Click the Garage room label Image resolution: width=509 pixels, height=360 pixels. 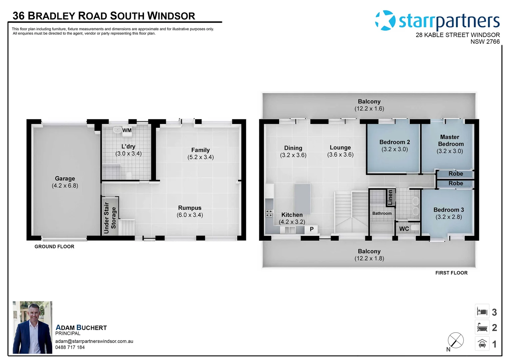[65, 179]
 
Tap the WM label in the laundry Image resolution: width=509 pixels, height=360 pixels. [127, 130]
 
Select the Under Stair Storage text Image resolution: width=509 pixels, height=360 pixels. [110, 218]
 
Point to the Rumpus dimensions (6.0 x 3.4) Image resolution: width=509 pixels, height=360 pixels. [190, 215]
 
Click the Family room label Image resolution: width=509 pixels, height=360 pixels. [200, 150]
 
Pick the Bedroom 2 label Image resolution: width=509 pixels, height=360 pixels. [394, 142]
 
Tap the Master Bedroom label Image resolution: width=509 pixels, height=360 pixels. [450, 140]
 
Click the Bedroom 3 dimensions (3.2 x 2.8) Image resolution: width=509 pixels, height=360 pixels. [448, 217]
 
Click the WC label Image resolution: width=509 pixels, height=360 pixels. [404, 229]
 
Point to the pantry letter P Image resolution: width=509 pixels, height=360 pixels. [311, 229]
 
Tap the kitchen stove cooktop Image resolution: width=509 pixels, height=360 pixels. [269, 213]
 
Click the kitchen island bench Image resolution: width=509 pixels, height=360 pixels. [302, 199]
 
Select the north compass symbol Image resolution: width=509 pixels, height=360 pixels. [455, 341]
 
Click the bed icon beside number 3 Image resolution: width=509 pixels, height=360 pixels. [482, 312]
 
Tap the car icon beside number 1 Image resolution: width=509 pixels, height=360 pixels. [482, 344]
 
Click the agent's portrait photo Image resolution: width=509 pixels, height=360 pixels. [32, 327]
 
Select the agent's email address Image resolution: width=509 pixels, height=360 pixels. [94, 341]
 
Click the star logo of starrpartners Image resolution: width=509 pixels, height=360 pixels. [385, 20]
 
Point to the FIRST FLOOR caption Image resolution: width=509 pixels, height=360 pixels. [451, 273]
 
